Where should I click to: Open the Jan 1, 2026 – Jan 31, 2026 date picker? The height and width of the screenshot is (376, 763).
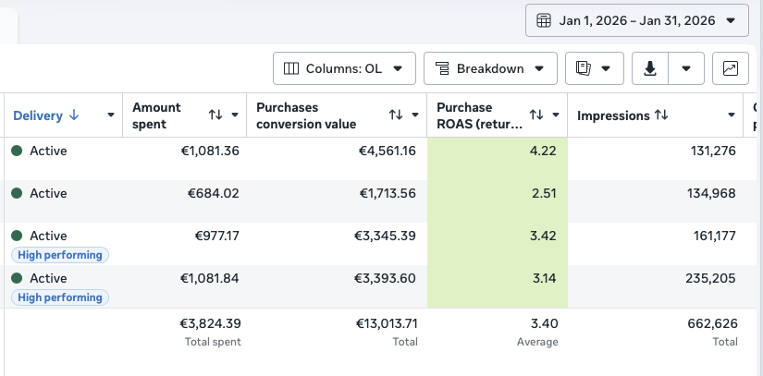(x=637, y=20)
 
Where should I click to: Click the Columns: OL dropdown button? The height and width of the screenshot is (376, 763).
(x=344, y=68)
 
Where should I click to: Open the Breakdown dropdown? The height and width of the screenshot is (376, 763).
(x=490, y=68)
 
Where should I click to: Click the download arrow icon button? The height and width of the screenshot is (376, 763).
(x=650, y=68)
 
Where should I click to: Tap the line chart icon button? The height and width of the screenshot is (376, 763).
(x=731, y=68)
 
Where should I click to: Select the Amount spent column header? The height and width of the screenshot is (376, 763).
(x=156, y=115)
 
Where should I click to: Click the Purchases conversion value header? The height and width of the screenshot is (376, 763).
(x=306, y=115)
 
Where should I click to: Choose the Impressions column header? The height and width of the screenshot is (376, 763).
(x=613, y=115)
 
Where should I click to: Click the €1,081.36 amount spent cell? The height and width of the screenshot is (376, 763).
(x=210, y=152)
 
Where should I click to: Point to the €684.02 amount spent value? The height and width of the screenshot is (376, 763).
(x=213, y=193)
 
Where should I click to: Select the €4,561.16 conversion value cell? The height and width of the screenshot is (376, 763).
(x=388, y=152)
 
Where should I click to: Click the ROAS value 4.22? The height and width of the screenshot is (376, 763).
(x=543, y=152)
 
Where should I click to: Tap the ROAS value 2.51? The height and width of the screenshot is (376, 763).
(x=544, y=193)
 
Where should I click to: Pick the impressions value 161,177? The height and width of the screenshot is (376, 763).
(x=714, y=236)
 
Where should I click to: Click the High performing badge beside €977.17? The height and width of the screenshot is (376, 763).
(x=60, y=255)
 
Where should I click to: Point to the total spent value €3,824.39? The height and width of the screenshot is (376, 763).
(x=210, y=323)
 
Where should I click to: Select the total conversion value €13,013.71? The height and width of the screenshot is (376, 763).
(x=387, y=323)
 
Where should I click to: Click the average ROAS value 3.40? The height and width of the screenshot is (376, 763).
(x=545, y=323)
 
